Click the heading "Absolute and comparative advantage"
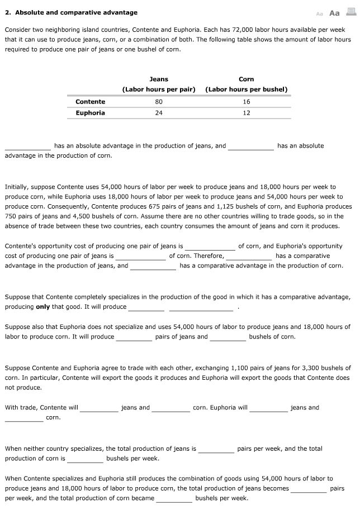(75, 12)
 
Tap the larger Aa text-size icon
(335, 13)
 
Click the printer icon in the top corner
(352, 12)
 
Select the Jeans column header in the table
(159, 79)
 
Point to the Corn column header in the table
(246, 79)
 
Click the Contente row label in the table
(90, 102)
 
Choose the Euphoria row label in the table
(90, 113)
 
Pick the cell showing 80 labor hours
(159, 102)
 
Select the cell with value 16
(247, 102)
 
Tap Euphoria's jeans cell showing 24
(159, 113)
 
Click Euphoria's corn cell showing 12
(247, 113)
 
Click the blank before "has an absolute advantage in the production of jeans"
(28, 147)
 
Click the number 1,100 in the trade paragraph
(234, 368)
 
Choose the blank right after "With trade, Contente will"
(99, 408)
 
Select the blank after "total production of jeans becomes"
(309, 489)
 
